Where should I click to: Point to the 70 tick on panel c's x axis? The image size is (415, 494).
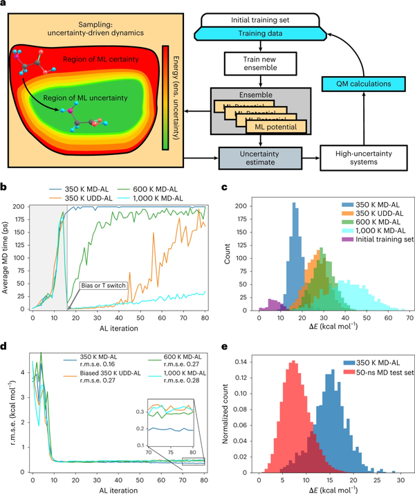[403, 313]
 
